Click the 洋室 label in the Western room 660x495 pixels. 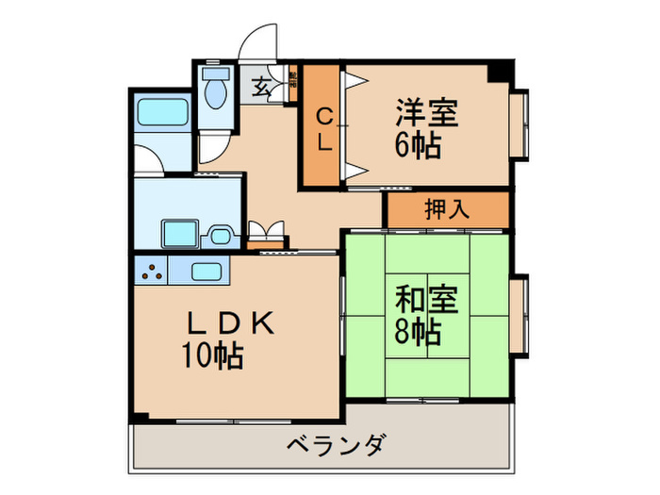click(x=428, y=113)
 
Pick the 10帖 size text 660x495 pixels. click(x=213, y=356)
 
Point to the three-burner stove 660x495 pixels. click(x=151, y=272)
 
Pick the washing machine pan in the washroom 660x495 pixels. click(x=176, y=231)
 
